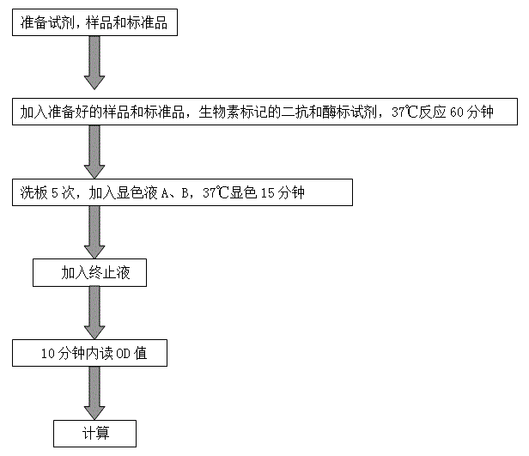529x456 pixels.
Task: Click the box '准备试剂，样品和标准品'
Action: (x=95, y=24)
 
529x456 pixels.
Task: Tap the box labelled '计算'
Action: (x=95, y=433)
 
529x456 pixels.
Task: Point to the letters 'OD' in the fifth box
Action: (x=125, y=353)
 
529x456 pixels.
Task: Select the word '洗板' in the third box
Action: (x=32, y=193)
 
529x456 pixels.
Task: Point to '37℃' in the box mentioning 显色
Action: (x=216, y=193)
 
